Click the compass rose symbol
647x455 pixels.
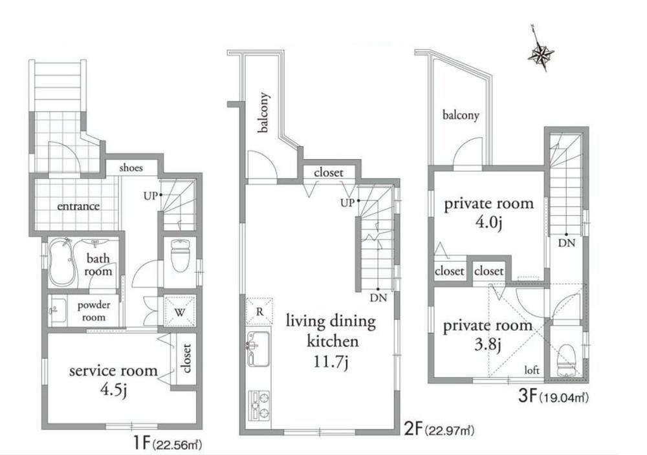click(540, 53)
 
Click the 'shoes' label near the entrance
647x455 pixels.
click(130, 168)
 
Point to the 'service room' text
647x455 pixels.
click(113, 371)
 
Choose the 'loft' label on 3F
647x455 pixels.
click(532, 370)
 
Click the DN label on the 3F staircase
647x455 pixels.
click(567, 244)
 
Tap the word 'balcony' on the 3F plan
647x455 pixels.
click(461, 116)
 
